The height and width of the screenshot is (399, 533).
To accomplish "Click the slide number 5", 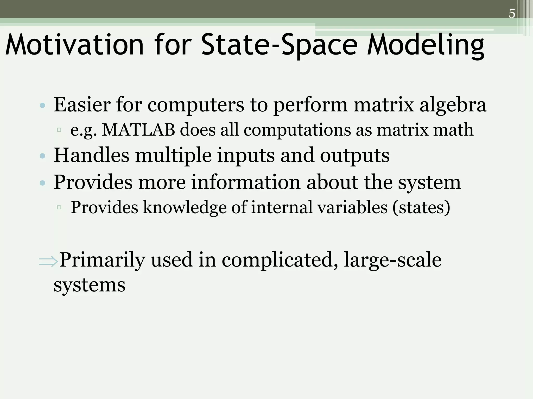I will point(512,14).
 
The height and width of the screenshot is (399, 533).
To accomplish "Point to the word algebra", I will point(453,105).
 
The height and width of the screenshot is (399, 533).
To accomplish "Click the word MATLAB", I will point(138,130).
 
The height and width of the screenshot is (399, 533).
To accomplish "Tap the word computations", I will point(297,130).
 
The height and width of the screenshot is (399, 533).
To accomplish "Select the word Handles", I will point(91,155).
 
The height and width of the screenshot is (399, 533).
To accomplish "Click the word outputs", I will point(354,155).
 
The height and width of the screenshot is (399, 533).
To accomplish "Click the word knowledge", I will point(185,207).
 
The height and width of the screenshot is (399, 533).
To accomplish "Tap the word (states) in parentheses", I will point(421,207).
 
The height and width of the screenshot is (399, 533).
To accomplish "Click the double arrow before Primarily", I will point(48,261).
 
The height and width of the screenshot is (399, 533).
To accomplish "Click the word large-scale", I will point(392,260).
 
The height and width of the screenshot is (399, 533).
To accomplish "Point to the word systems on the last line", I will point(90,285).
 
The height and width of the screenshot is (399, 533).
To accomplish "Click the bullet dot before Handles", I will point(42,156).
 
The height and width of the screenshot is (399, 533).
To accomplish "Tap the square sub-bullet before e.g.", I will point(59,130).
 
